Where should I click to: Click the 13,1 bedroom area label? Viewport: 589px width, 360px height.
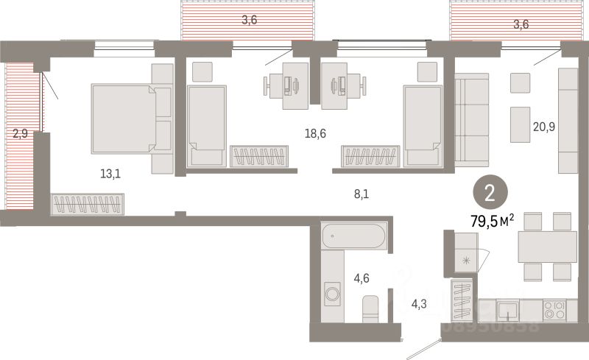[111, 174]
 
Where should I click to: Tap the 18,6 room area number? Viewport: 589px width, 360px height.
[316, 133]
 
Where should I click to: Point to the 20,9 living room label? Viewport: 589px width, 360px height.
[543, 126]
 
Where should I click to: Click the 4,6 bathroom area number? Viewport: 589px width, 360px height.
[362, 278]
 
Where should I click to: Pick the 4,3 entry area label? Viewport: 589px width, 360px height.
[419, 303]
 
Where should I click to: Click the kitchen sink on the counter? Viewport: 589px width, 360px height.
[506, 309]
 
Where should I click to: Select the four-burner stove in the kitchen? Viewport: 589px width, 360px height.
[554, 309]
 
